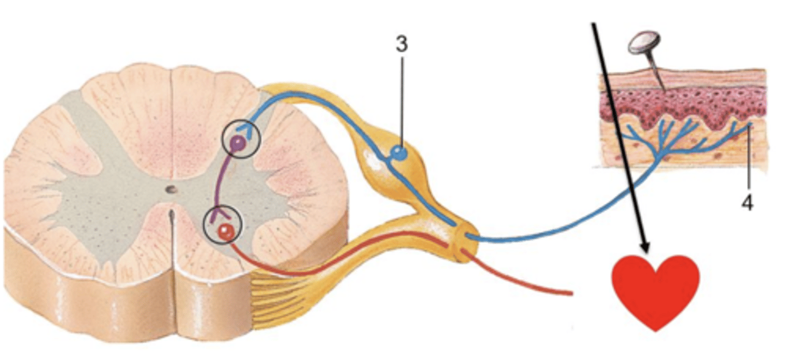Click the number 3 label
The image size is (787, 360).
402,45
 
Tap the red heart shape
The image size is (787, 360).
655,289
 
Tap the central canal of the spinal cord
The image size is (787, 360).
171,190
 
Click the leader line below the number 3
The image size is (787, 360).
402,98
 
